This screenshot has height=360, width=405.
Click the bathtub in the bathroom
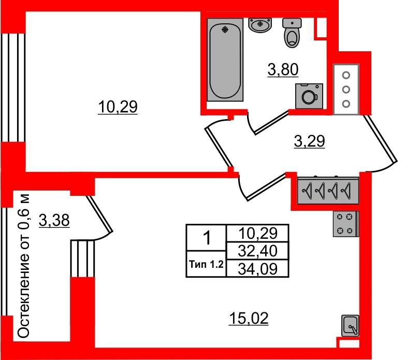225,60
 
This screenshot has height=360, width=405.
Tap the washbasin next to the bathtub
260,25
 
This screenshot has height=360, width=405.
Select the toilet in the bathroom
292,33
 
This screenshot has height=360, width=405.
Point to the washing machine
309,96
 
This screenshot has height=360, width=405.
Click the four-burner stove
345,224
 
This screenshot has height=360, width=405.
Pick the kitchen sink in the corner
350,326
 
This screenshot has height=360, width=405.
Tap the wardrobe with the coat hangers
328,191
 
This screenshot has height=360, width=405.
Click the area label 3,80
283,70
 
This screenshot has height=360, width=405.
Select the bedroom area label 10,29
118,107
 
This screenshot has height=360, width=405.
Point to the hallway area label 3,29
309,141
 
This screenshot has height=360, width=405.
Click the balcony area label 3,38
54,221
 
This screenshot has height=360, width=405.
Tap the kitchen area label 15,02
249,319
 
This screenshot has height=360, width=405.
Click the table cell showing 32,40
257,251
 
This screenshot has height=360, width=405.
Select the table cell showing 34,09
257,269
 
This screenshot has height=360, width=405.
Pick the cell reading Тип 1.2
206,264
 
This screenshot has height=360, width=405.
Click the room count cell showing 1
207,238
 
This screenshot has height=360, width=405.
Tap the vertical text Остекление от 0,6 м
24,266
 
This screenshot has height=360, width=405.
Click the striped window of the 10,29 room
13,88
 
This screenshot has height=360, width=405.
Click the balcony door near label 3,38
99,218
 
